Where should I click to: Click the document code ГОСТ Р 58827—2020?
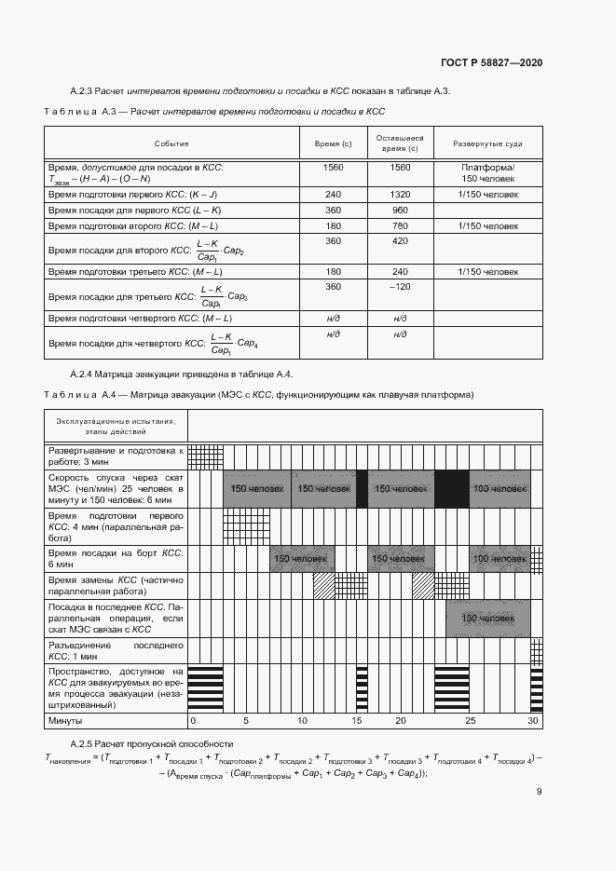point(491,62)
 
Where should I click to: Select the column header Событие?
point(171,143)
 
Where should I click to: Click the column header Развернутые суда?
point(487,143)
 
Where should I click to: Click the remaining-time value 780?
point(400,225)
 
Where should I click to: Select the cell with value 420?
point(400,241)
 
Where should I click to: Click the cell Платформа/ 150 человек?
point(487,172)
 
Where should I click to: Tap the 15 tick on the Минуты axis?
point(356,721)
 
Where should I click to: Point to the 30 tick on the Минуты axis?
point(533,721)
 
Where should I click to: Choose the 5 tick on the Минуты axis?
point(246,721)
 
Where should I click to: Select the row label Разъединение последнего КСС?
point(116,649)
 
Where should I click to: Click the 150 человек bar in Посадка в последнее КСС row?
point(488,619)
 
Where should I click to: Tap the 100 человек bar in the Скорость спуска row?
point(500,489)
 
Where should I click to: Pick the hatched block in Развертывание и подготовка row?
point(205,456)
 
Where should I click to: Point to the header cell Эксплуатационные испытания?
point(116,421)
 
